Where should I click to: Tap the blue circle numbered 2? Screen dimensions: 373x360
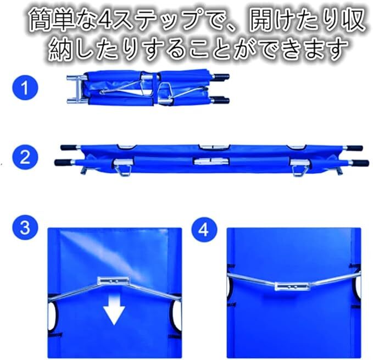coord(25,157)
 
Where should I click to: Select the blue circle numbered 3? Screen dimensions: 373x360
coord(25,228)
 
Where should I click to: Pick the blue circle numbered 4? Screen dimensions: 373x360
coord(204,230)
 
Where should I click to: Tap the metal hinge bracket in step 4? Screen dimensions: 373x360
coord(292,286)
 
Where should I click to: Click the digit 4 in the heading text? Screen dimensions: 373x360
coord(105,19)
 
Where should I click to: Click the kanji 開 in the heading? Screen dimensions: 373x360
coord(261,19)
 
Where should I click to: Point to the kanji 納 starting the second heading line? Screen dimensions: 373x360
coord(61,49)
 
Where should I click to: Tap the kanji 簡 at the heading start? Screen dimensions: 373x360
coord(41,19)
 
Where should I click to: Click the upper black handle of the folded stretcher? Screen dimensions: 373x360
coord(222,76)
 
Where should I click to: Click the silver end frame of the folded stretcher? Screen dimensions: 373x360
coord(76,89)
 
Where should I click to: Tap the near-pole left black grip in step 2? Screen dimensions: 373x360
coord(63,163)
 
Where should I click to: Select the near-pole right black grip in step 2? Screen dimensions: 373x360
coord(360,163)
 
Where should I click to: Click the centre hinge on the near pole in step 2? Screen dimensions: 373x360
coord(211,162)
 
